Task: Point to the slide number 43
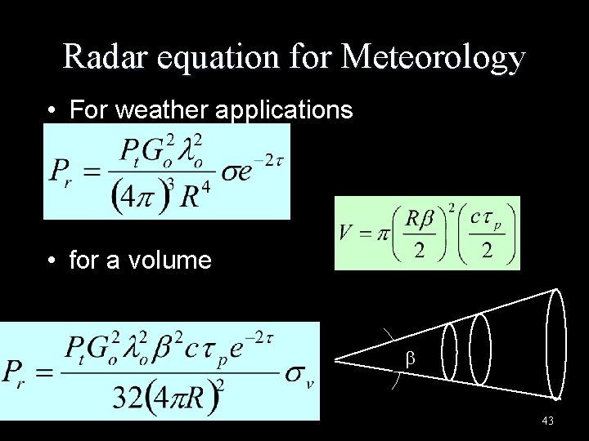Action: pos(547,421)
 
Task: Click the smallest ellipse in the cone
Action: pos(449,350)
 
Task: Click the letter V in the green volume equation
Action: pos(346,232)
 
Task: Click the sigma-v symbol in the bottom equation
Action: pos(299,375)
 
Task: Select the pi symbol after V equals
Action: pos(382,233)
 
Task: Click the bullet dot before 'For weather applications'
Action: pos(52,110)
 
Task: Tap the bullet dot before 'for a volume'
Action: pos(52,261)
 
